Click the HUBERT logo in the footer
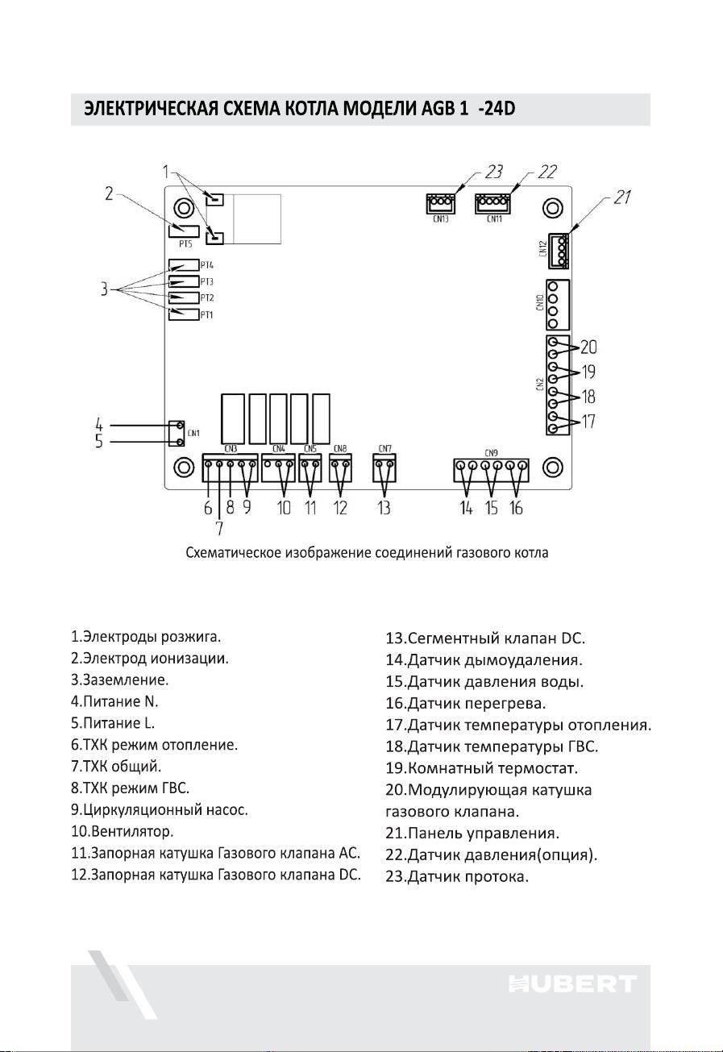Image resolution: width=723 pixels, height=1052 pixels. point(573,983)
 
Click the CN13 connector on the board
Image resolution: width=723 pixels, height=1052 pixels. point(441,203)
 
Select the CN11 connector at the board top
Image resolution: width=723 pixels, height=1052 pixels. point(493,203)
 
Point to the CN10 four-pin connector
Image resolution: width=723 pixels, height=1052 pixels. point(558,305)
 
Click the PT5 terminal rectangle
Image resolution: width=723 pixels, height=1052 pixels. point(184,231)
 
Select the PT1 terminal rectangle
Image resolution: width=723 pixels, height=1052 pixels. point(184,314)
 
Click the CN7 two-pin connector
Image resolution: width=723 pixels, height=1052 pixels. point(384,468)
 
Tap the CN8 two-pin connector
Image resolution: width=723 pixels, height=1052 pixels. point(340,468)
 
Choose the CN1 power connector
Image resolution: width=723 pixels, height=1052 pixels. point(177,434)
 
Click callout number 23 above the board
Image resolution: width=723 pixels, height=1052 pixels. point(493,173)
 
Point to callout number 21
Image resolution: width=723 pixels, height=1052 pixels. point(622,198)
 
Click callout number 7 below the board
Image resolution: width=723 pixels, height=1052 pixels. point(219,528)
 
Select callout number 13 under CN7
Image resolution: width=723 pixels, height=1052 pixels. point(384,508)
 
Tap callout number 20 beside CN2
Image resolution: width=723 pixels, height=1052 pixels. point(588,347)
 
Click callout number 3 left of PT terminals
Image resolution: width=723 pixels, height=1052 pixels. point(104,289)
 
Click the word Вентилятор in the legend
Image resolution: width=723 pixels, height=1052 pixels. point(132,831)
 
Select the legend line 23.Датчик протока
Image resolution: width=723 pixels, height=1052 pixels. point(457,876)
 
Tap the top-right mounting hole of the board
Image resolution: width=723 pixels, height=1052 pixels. point(553,208)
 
